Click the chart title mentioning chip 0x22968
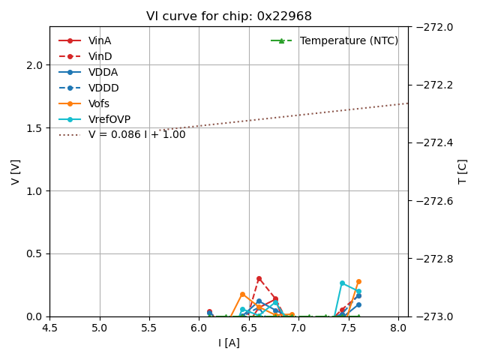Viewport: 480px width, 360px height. (229, 16)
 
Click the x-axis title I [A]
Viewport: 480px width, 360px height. (229, 343)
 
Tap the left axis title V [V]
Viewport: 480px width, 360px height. (16, 172)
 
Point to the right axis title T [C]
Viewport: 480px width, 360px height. (463, 172)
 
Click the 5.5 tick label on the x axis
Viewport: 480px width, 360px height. (149, 328)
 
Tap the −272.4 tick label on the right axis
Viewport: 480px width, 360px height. (435, 142)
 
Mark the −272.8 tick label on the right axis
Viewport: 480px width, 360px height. (435, 259)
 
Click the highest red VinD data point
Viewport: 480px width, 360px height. (259, 279)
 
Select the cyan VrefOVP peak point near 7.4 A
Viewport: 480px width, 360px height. (342, 283)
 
